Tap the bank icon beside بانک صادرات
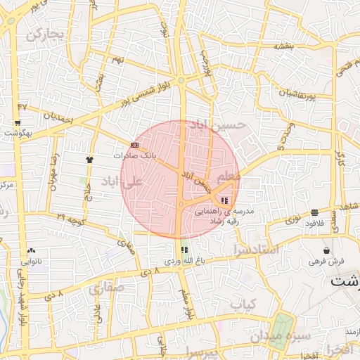click(134, 145)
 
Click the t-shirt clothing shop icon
click(89, 160)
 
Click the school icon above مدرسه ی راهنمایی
click(224, 201)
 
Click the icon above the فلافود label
click(314, 212)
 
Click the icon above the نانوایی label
click(31, 250)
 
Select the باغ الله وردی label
click(184, 260)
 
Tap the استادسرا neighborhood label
click(255, 250)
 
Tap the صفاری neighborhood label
click(105, 288)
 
